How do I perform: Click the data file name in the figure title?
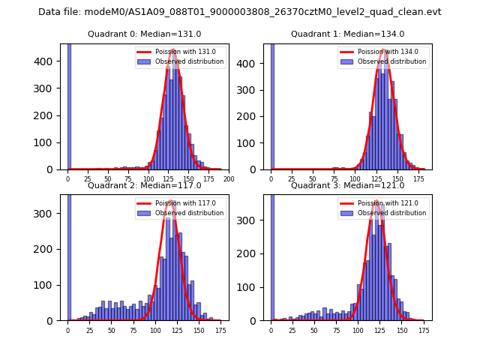tap(240, 12)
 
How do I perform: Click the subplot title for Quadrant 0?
tap(145, 34)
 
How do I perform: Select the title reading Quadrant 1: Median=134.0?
tap(347, 34)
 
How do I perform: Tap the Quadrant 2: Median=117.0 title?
tap(145, 185)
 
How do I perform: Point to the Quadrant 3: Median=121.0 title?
tap(347, 185)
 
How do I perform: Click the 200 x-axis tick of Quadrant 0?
tap(229, 179)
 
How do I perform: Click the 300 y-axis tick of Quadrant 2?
tap(52, 214)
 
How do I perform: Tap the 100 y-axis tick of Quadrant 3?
tap(255, 287)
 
